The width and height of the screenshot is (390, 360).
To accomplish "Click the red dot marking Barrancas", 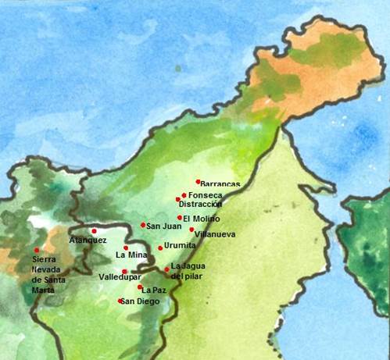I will click(199, 181).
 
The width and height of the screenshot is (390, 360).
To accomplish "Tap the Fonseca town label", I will click(206, 195).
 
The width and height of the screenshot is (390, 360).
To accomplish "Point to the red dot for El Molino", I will click(180, 218).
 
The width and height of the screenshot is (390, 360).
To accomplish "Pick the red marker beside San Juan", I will click(143, 225).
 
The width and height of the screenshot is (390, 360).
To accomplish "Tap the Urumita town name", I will click(180, 246).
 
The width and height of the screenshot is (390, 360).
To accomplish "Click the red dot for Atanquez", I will click(94, 231).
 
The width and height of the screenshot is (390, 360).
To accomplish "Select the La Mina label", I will click(131, 255).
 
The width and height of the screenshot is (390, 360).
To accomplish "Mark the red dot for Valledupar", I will click(124, 271).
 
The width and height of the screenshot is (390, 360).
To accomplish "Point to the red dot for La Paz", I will click(140, 287).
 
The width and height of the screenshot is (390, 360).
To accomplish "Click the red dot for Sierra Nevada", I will click(36, 251).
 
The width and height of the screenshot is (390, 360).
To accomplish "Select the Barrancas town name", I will click(221, 185).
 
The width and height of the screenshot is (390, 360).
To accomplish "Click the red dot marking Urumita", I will click(160, 248).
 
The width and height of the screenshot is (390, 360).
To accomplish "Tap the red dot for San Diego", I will click(120, 301).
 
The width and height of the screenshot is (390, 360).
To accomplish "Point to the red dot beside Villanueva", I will click(191, 230).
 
